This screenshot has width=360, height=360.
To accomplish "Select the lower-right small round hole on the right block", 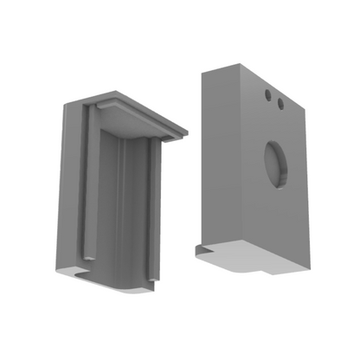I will tap(280, 105).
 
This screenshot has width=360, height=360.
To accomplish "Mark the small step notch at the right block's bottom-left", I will tap(201, 248).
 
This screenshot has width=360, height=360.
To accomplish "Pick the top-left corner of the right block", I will tap(203, 72).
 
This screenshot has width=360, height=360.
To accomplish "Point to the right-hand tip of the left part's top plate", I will tap(186, 132).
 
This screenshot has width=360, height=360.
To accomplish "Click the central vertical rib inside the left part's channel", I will tap(122, 208).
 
